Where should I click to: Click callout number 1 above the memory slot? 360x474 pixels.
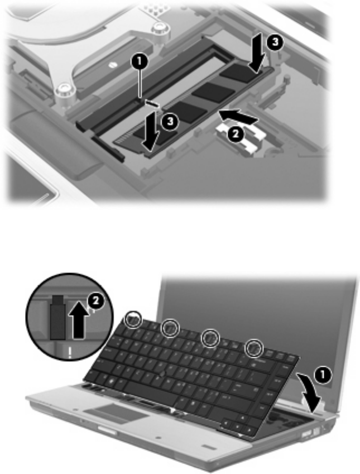[139, 62]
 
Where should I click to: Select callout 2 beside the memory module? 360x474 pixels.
[236, 134]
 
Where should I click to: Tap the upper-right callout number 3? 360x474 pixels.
[275, 42]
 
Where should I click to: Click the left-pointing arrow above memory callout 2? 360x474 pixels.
[239, 117]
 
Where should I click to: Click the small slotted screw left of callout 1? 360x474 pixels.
[113, 64]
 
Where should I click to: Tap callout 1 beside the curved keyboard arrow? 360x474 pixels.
[322, 375]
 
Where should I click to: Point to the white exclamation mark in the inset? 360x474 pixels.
[70, 352]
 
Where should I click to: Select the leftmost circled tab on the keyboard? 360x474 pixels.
[133, 319]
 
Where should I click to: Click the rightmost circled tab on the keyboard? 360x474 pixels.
[254, 348]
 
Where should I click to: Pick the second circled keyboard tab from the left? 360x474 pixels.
[170, 328]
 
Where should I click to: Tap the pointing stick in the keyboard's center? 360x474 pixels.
[162, 374]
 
